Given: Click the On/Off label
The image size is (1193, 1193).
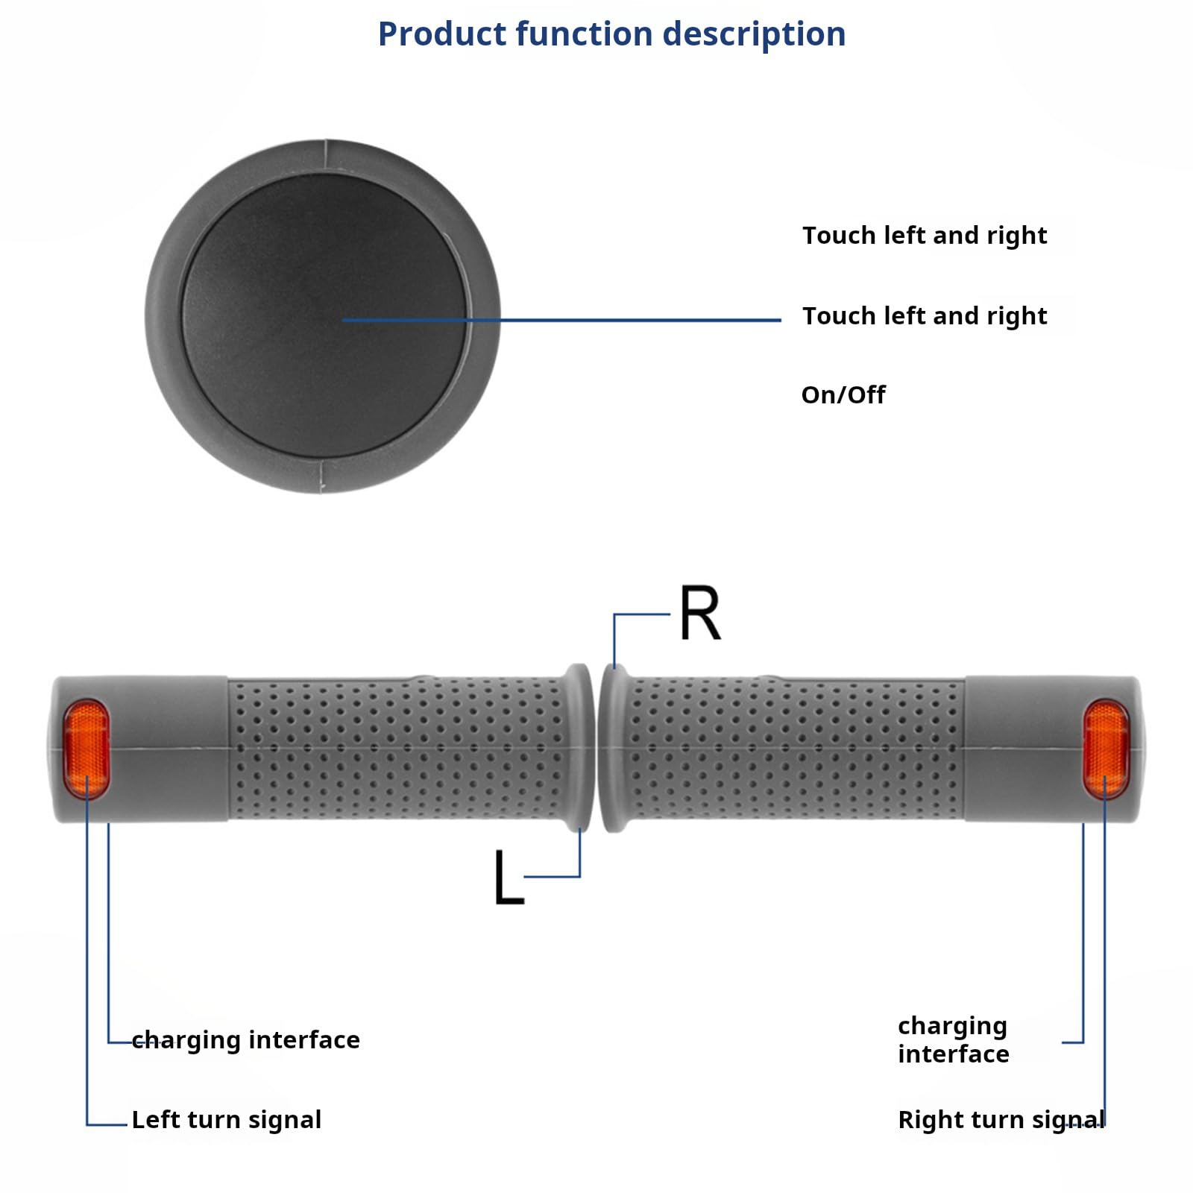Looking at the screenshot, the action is coord(843,394).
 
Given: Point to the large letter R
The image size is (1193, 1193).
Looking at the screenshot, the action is coord(700,613).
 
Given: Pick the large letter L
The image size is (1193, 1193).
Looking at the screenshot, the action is coord(509,878).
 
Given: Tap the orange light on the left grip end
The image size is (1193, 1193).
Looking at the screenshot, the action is coord(86,749).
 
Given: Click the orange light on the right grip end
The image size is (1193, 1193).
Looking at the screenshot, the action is coord(1106,749).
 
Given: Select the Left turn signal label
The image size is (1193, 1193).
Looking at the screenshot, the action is coord(227,1119).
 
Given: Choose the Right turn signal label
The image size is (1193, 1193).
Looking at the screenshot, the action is coord(1001,1119).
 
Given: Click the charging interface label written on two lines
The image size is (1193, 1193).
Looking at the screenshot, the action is coord(953,1039).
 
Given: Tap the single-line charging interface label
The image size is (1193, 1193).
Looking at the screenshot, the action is coord(246,1039).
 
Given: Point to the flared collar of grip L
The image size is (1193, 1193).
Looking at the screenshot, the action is coord(578,747).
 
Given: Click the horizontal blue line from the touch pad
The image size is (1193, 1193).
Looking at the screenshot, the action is coord(561,320).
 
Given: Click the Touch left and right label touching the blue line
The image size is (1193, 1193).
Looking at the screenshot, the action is coord(925,316).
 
